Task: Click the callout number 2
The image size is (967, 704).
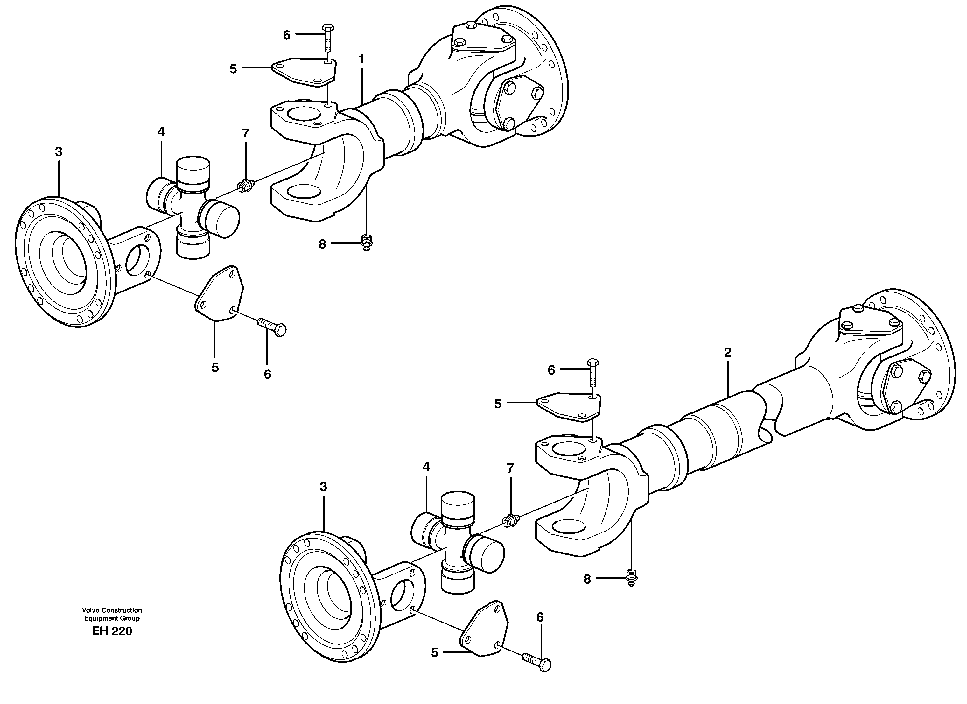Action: (x=727, y=352)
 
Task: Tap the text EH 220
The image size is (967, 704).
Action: (x=112, y=631)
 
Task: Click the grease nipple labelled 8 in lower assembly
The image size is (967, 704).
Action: (x=631, y=577)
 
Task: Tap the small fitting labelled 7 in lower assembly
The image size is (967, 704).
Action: (x=510, y=520)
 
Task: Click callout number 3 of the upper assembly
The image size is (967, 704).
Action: (x=59, y=152)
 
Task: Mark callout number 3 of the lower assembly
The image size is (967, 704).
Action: (x=323, y=487)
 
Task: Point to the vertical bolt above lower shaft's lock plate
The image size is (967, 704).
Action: (x=593, y=374)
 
